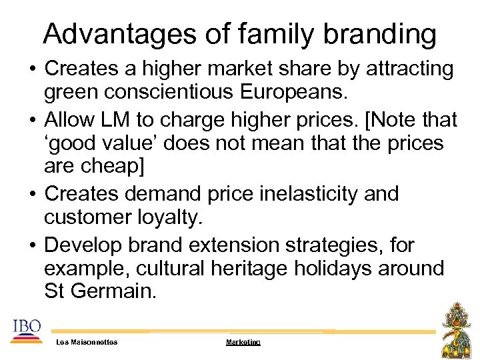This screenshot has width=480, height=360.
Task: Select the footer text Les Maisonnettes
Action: click(87, 342)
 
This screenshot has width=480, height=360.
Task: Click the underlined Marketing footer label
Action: click(243, 342)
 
